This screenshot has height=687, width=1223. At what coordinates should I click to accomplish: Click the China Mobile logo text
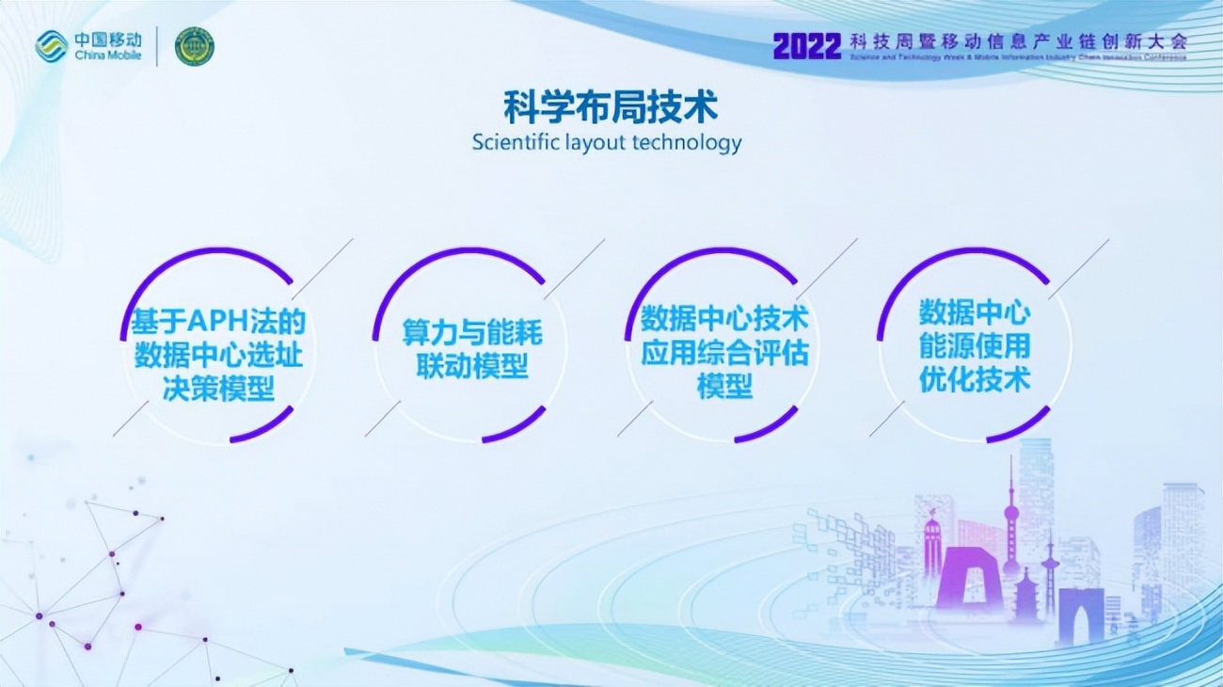(x=108, y=45)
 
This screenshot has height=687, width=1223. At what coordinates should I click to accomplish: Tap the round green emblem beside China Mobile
(x=195, y=46)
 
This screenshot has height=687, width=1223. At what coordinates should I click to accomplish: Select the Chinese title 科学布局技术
(x=611, y=106)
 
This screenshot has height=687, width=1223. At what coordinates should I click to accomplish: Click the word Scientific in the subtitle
(x=516, y=143)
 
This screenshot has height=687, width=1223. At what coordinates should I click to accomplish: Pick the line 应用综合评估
(x=724, y=353)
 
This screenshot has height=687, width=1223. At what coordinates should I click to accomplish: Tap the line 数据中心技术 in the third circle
(x=724, y=319)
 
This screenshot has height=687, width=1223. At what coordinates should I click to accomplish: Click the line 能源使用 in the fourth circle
(x=975, y=345)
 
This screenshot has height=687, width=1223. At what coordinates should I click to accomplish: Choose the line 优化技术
(x=975, y=378)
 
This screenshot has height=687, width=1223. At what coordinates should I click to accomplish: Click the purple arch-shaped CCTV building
(x=968, y=576)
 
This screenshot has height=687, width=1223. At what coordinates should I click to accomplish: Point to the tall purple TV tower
(x=1011, y=522)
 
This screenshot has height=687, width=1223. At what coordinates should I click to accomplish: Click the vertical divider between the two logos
(x=158, y=46)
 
